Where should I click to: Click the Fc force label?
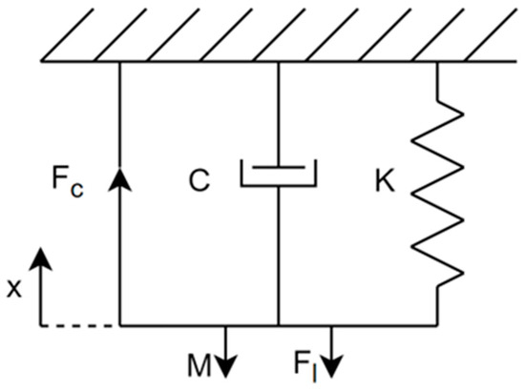tap(68, 182)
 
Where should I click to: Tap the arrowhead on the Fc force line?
tap(120, 179)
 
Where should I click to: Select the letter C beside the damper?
tap(199, 180)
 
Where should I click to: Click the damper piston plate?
tap(279, 167)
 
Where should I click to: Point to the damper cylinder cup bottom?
tap(279, 185)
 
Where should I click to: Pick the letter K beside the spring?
tap(385, 180)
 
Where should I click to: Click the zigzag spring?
tap(437, 194)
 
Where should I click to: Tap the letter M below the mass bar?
tap(199, 365)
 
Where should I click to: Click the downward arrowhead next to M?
tap(225, 366)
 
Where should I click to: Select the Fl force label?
tap(304, 366)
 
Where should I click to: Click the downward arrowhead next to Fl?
tap(331, 366)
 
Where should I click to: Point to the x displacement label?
tap(14, 289)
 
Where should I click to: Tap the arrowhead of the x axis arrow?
tap(41, 258)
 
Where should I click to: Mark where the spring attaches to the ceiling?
tap(437, 62)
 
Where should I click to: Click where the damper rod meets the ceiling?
tap(279, 62)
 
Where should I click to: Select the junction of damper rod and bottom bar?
tap(279, 325)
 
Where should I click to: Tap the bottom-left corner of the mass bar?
tap(120, 325)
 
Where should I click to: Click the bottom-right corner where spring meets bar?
tap(437, 325)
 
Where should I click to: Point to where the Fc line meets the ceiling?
tap(120, 62)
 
